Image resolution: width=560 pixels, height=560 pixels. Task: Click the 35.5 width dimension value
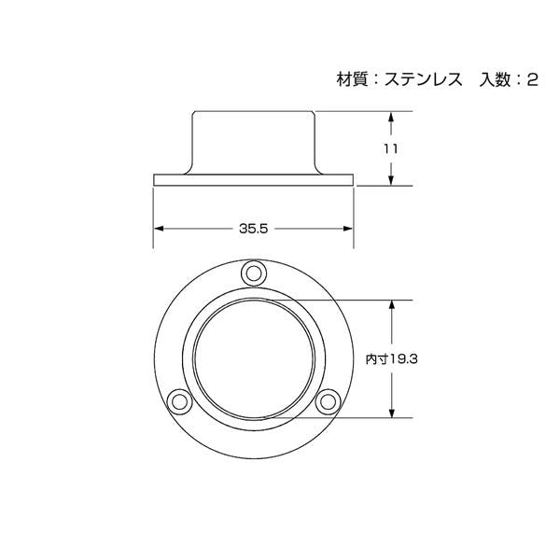coord(253,229)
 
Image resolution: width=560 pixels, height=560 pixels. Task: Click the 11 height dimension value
coord(391,149)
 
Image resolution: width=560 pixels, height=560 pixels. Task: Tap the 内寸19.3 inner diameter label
coord(391,358)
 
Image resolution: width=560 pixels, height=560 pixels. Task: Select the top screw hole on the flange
coord(254,273)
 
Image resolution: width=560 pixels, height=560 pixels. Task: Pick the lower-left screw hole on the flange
coord(179,402)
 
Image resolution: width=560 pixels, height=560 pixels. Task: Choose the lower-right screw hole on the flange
coord(328,402)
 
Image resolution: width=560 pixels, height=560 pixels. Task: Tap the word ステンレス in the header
coord(423,79)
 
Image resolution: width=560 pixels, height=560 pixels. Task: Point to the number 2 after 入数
coord(532,79)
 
